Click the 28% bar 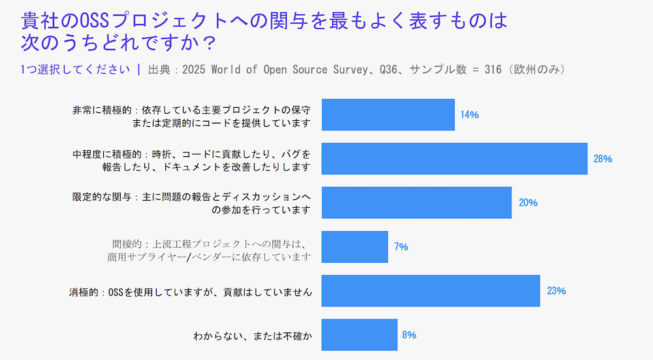[454, 159]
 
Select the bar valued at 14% [388, 115]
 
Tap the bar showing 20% [417, 203]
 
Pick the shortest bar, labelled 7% [355, 247]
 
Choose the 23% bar [431, 291]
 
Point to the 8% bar [359, 335]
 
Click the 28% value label [602, 159]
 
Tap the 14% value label [470, 115]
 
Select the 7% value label [401, 247]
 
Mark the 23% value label [556, 291]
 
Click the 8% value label [409, 335]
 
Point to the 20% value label [528, 203]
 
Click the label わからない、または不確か [252, 336]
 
